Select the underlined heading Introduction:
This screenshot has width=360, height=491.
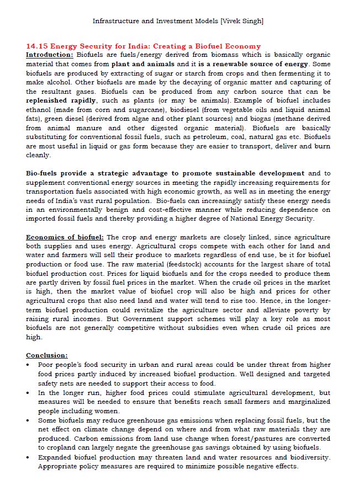click(x=50, y=55)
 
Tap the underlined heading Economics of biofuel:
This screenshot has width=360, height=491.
click(x=65, y=237)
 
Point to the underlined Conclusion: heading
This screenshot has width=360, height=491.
click(x=47, y=355)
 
